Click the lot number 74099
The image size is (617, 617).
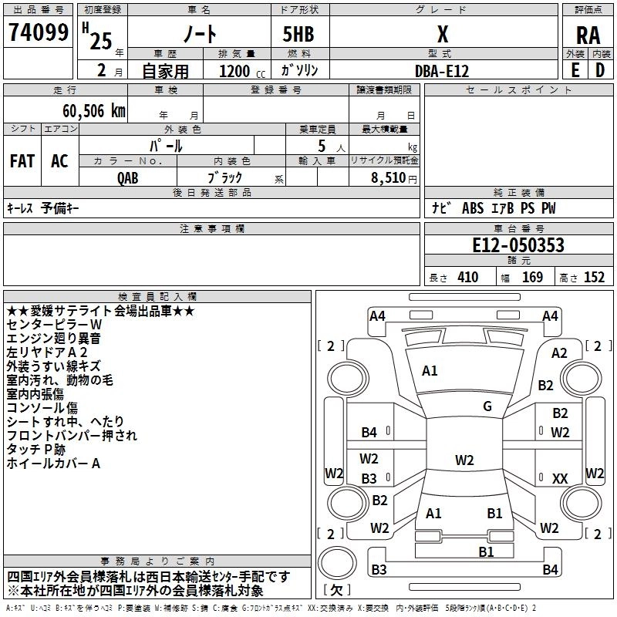(39, 32)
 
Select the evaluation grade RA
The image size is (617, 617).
(588, 35)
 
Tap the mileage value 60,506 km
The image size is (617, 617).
(94, 111)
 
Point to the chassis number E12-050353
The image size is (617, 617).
(518, 244)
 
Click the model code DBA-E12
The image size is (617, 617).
(442, 71)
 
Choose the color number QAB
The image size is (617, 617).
(128, 178)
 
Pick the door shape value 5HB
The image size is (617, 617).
(298, 34)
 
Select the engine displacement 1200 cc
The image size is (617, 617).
(242, 71)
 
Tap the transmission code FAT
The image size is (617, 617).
(22, 160)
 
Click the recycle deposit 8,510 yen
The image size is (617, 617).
(393, 177)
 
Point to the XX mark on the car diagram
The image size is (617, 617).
(560, 478)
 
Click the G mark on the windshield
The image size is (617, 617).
(487, 406)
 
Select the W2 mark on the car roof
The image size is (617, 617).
(464, 460)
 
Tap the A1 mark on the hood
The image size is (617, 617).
(430, 370)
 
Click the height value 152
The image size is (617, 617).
(594, 277)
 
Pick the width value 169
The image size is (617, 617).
(532, 277)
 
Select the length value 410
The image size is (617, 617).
(468, 277)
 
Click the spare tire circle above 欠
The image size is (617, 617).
(337, 563)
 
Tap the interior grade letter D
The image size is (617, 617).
(600, 70)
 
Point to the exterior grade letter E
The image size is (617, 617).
(575, 70)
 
